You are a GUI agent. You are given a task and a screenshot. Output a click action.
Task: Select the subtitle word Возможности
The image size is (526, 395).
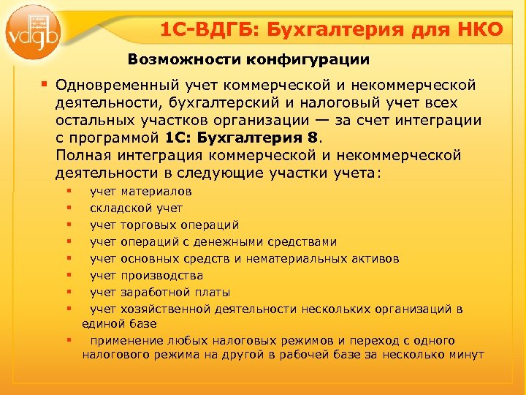pos(175,59)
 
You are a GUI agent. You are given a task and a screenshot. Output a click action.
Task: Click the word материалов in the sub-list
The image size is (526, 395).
pos(156,192)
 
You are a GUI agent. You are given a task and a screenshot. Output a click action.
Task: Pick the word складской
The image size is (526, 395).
pos(119,208)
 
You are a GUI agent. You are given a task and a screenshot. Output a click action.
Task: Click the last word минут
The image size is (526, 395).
pos(468,355)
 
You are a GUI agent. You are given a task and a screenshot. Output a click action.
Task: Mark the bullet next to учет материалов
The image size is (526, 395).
pos(68,191)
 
